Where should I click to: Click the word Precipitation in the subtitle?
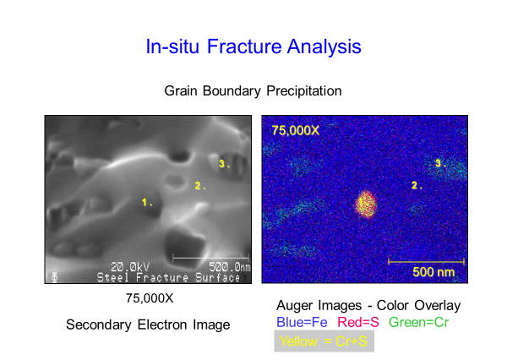[x=304, y=91]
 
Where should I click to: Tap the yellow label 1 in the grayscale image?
[x=147, y=203]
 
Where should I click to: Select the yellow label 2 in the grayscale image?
[x=199, y=186]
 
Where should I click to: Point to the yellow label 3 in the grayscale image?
[x=224, y=164]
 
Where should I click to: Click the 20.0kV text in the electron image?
[x=130, y=267]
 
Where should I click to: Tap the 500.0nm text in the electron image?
[x=229, y=267]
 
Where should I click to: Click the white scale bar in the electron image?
[x=210, y=258]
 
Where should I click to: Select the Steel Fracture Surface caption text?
[x=168, y=277]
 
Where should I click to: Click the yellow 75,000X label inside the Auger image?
[x=296, y=130]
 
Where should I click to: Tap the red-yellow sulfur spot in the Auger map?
[x=366, y=205]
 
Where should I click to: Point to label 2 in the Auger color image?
[x=417, y=185]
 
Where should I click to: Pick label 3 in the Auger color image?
[x=440, y=163]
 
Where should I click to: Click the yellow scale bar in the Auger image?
[x=426, y=261]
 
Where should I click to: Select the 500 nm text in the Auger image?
[x=433, y=272]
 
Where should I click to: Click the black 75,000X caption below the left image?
[x=150, y=298]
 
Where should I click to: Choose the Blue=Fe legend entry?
[x=302, y=322]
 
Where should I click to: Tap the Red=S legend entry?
[x=358, y=322]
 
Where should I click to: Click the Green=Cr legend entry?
[x=419, y=322]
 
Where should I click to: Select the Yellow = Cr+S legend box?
[x=324, y=341]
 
